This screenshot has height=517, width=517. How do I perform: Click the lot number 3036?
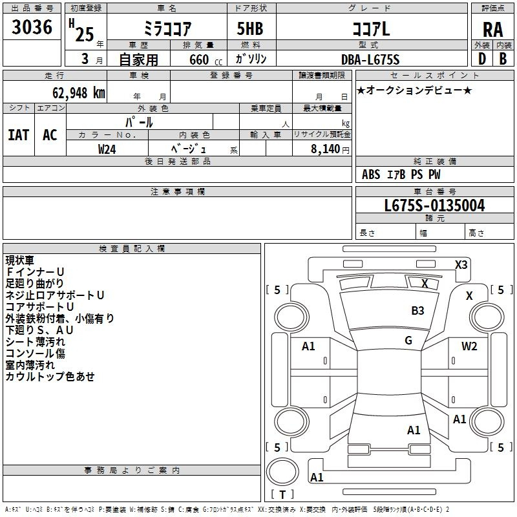point(32,26)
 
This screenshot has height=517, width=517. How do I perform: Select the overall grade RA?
point(493,30)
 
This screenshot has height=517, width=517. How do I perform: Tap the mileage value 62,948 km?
point(78,93)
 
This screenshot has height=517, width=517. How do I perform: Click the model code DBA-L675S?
point(370,59)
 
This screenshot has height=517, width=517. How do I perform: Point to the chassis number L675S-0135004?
point(434,206)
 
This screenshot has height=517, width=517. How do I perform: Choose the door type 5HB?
point(250,28)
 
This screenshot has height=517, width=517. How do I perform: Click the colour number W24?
point(107,149)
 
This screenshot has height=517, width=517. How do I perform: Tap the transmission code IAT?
point(19,135)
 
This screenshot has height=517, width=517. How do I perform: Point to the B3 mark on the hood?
point(417,311)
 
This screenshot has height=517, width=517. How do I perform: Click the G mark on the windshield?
point(408,341)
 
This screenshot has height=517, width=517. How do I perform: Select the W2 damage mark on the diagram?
point(469,346)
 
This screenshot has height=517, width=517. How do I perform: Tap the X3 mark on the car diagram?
point(461,265)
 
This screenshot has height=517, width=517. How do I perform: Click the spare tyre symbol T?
point(282,494)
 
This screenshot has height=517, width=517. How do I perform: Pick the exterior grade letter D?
point(482,59)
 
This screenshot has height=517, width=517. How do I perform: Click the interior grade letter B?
point(503,59)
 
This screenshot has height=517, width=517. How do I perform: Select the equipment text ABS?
point(371,174)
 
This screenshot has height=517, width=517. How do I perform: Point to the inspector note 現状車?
point(20,260)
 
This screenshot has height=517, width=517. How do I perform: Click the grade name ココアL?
point(371,29)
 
